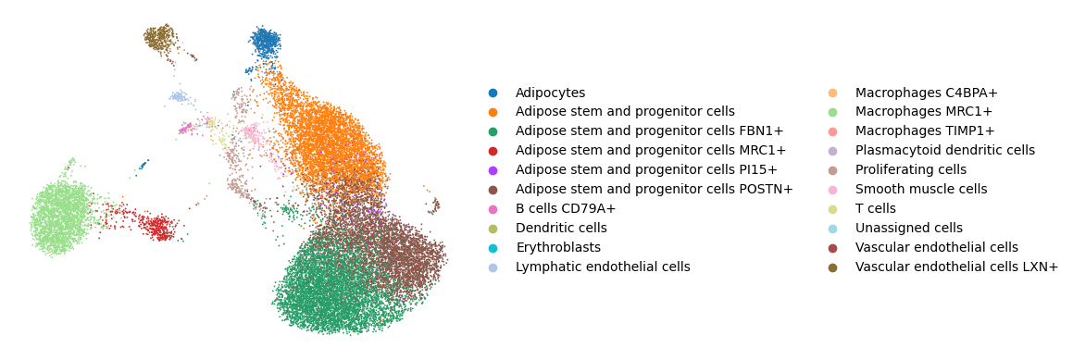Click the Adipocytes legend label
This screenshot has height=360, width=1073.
(x=550, y=93)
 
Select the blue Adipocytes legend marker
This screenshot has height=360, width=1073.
(x=493, y=93)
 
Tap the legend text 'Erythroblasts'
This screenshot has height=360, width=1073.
(x=557, y=248)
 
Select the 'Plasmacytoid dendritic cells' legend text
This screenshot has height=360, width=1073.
(x=945, y=151)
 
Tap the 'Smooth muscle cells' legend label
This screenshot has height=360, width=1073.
(x=921, y=190)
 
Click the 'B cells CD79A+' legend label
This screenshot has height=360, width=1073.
(x=566, y=209)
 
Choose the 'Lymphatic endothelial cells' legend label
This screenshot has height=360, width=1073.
(x=603, y=267)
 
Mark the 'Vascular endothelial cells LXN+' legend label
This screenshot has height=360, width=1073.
(x=956, y=267)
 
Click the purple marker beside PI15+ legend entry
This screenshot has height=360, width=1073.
(x=493, y=169)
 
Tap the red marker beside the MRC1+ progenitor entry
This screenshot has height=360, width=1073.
(x=493, y=151)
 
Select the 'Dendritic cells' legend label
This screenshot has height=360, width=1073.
(x=561, y=229)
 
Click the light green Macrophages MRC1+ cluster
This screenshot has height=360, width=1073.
(x=60, y=217)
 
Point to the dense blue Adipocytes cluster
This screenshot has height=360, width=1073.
(x=267, y=43)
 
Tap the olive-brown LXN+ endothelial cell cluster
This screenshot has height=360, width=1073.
(x=159, y=37)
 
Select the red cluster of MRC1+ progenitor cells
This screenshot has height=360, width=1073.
(x=158, y=226)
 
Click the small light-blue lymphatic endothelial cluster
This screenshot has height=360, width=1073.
(x=179, y=96)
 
